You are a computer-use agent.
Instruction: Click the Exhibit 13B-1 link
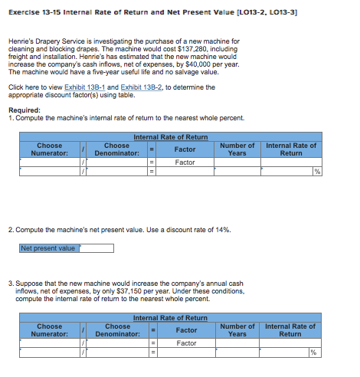pos(87,87)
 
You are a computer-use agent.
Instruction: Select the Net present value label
pos(47,248)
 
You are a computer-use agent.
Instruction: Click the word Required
pos(25,110)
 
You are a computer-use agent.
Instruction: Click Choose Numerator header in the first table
pos(50,149)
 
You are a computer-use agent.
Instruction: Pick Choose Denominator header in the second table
pos(116,330)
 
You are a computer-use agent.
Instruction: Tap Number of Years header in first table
pos(237,149)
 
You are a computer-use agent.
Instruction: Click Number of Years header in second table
pos(237,330)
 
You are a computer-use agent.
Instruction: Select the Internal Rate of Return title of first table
pos(170,137)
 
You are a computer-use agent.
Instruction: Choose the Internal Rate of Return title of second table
pos(170,317)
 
